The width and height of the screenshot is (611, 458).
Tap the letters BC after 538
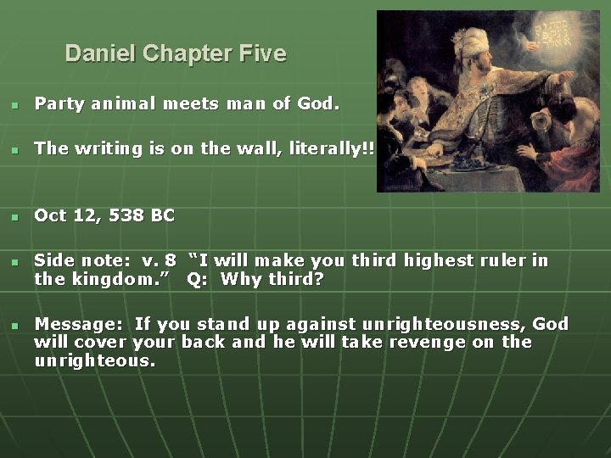pos(163,215)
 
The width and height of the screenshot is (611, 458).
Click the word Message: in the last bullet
pos(81,324)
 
